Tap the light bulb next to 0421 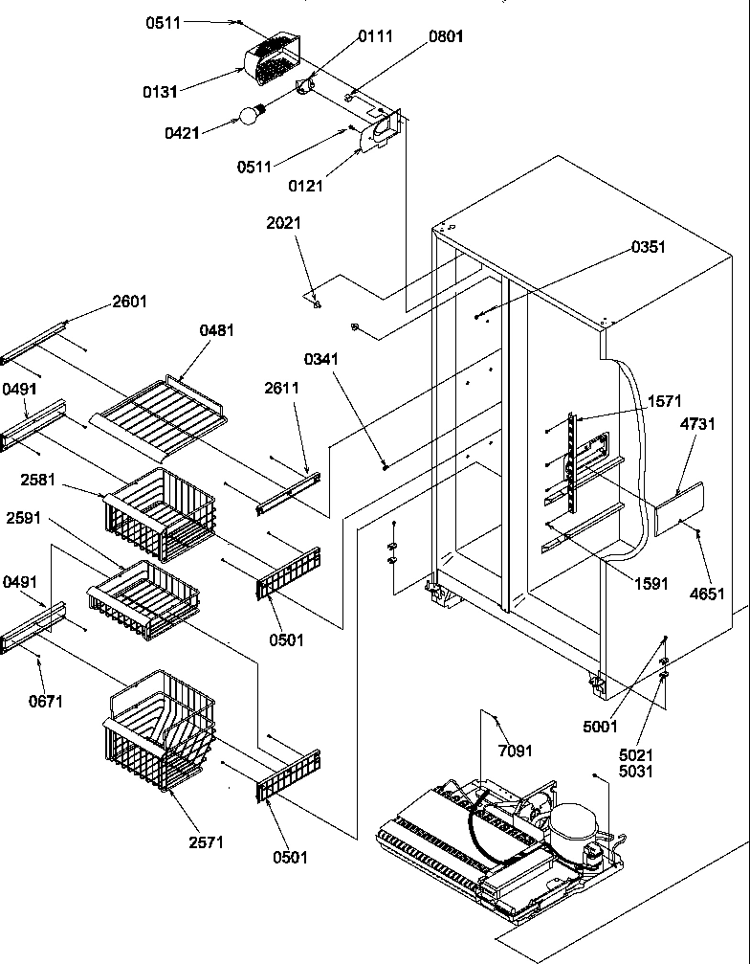tap(250, 115)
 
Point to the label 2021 tap(283, 223)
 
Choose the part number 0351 tap(648, 247)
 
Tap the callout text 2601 tap(130, 301)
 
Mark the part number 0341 tap(323, 360)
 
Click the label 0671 tap(46, 701)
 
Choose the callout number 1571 tap(664, 401)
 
